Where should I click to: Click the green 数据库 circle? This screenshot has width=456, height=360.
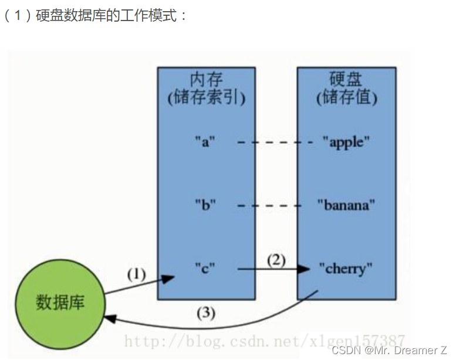pyautogui.click(x=60, y=303)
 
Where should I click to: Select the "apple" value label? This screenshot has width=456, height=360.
pyautogui.click(x=346, y=142)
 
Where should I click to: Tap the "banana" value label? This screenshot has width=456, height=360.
pyautogui.click(x=346, y=205)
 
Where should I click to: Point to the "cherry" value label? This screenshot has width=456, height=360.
pyautogui.click(x=346, y=269)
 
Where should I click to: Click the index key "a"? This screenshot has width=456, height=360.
pyautogui.click(x=205, y=142)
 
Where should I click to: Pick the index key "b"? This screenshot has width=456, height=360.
pyautogui.click(x=205, y=205)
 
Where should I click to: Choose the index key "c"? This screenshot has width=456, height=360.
pyautogui.click(x=205, y=269)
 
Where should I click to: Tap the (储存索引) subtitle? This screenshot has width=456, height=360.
pyautogui.click(x=206, y=97)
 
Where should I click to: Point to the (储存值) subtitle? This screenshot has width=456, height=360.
pyautogui.click(x=346, y=97)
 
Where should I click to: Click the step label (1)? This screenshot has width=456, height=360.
pyautogui.click(x=136, y=274)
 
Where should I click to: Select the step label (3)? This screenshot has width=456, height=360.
pyautogui.click(x=205, y=313)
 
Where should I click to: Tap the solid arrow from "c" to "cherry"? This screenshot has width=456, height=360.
pyautogui.click(x=273, y=269)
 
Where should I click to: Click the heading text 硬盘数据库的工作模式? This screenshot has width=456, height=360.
pyautogui.click(x=109, y=16)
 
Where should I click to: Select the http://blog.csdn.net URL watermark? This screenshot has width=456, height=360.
pyautogui.click(x=264, y=339)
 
